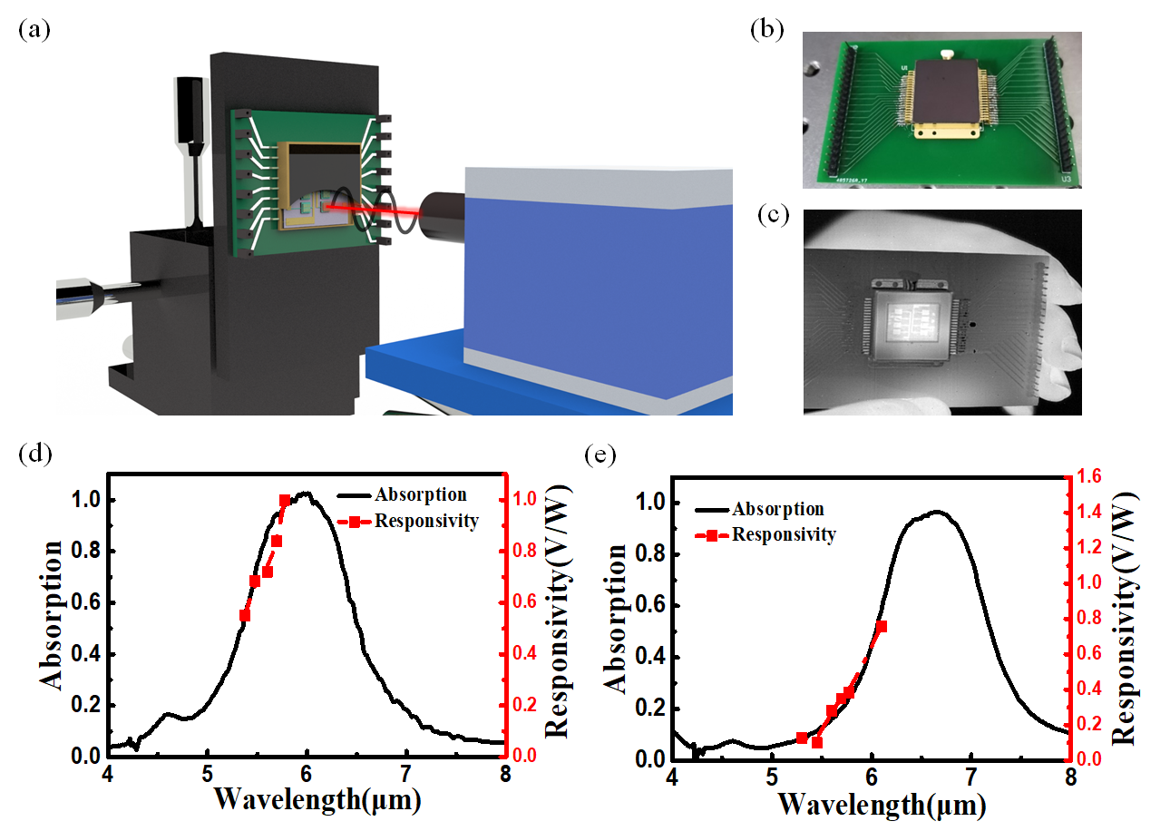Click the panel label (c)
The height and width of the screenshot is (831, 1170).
coord(772,216)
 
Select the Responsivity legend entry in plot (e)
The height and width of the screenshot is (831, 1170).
coord(783,534)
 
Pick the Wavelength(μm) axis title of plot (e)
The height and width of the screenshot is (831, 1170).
coord(870,804)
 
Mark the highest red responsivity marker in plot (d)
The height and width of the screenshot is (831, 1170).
coord(285,501)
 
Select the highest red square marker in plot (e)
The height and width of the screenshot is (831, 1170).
coord(881,627)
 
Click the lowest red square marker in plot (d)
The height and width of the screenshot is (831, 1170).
coord(245,615)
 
